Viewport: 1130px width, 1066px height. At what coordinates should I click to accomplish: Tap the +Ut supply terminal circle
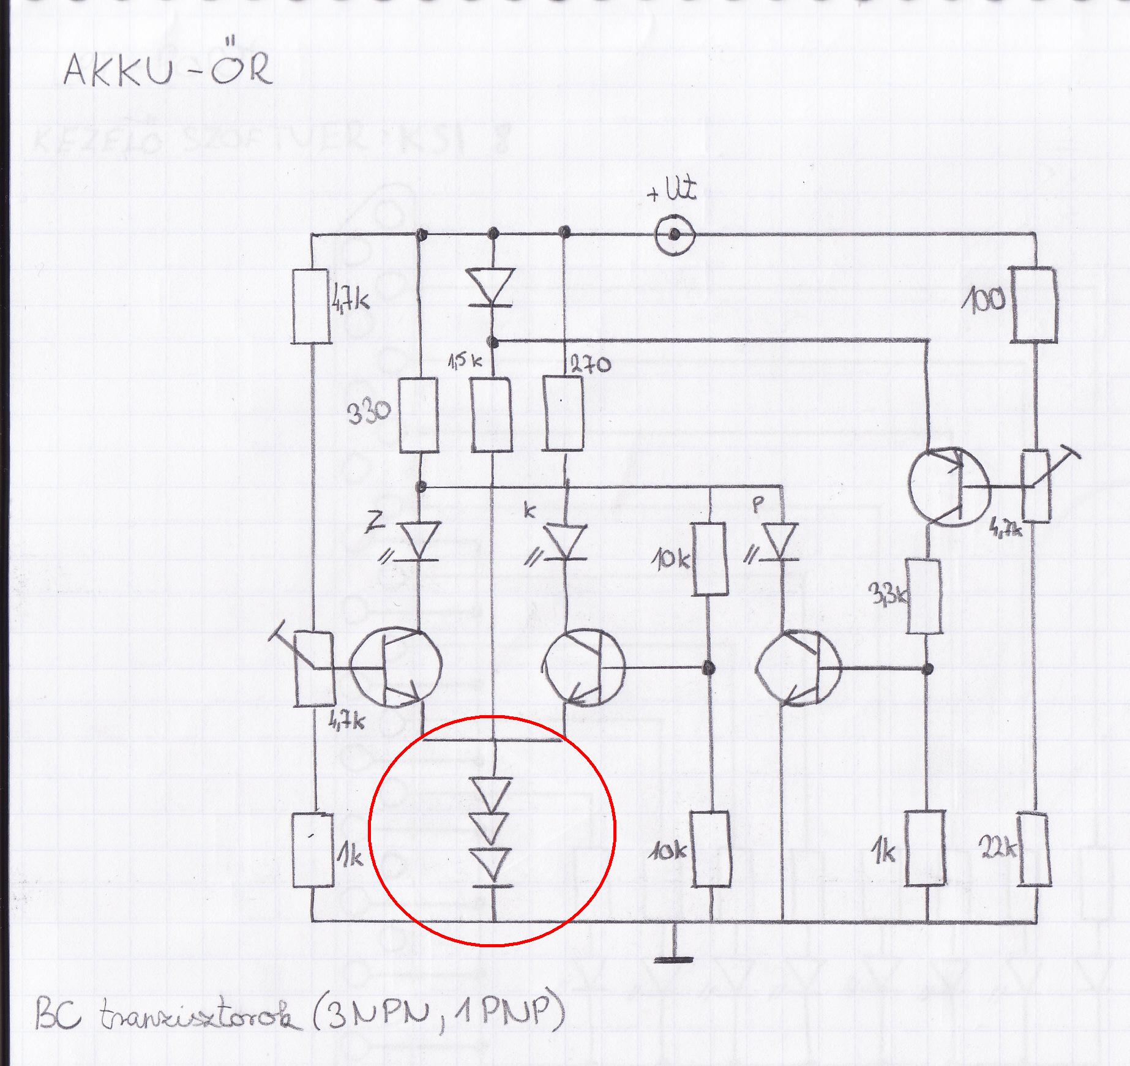(673, 234)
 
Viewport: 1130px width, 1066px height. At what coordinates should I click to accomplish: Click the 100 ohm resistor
(1033, 304)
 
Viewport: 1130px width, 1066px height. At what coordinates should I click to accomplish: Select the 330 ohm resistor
(419, 415)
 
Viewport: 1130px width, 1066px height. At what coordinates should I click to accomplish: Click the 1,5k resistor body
(492, 415)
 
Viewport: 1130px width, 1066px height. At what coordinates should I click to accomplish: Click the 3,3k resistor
(924, 595)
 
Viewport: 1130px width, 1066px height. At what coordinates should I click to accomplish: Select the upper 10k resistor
(710, 558)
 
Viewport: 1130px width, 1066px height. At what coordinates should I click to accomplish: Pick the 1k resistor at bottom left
(313, 850)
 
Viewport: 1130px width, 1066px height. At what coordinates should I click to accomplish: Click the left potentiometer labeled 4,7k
(313, 669)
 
